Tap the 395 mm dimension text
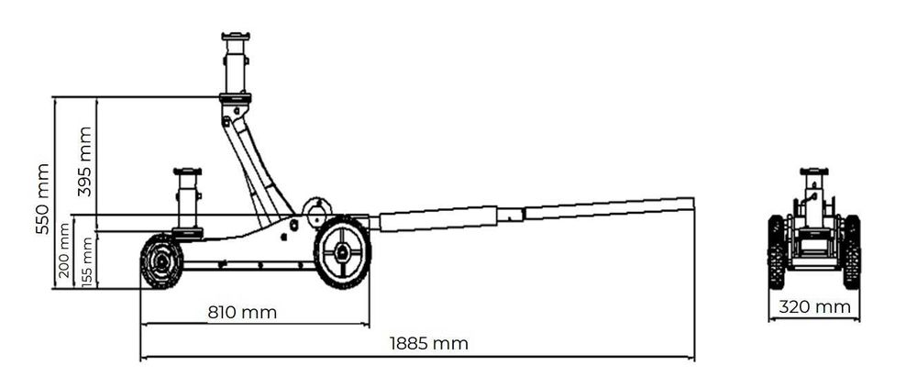[85, 161]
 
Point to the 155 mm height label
[87, 261]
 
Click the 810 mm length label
[242, 312]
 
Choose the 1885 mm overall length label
[428, 344]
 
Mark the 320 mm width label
[814, 307]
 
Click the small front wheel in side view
[162, 261]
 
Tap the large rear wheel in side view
[342, 252]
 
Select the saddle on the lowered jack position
[187, 172]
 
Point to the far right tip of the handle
[691, 203]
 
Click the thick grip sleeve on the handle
[437, 219]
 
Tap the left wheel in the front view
[776, 251]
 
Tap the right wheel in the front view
[852, 251]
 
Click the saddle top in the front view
[813, 172]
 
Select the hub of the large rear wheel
[342, 253]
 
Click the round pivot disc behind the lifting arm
[317, 210]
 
